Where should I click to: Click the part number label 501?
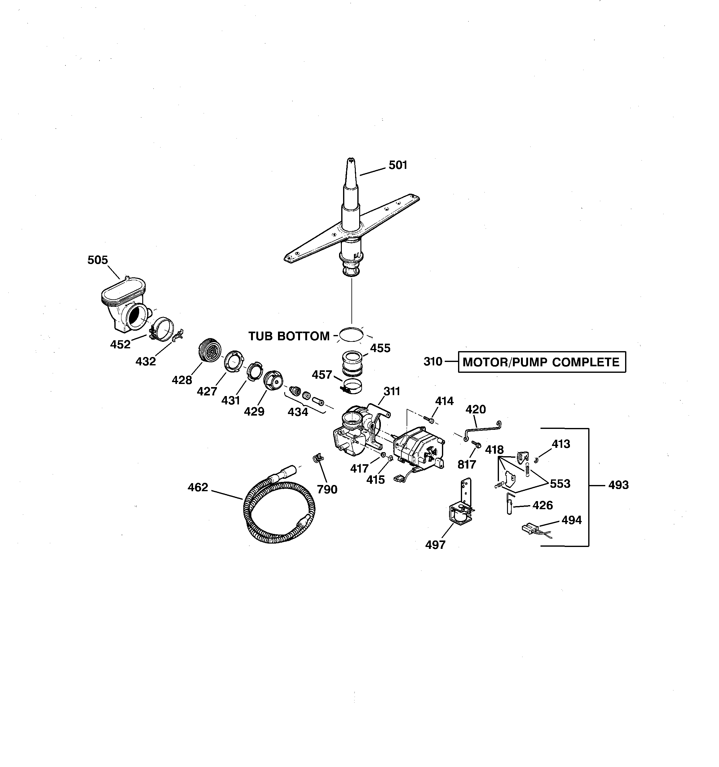point(398,165)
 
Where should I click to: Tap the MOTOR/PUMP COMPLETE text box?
point(541,362)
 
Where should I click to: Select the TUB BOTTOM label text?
point(289,336)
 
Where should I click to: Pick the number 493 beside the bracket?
point(618,485)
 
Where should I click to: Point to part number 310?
point(433,362)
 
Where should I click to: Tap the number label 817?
point(467,465)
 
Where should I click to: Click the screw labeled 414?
point(428,419)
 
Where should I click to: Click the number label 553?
point(560,483)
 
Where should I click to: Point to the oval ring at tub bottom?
point(351,334)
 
